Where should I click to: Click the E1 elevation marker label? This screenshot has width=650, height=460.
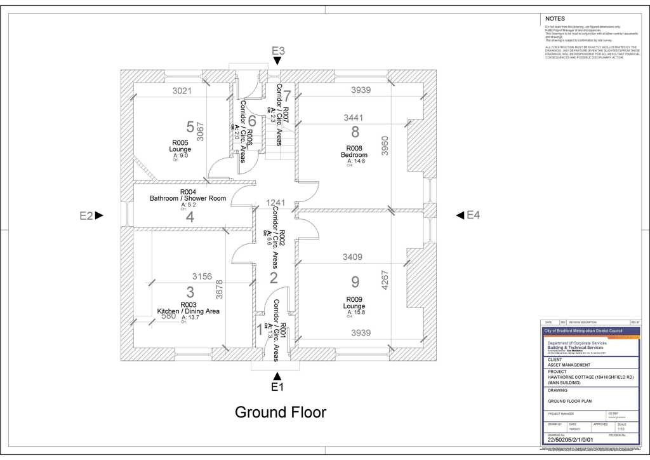(277, 387)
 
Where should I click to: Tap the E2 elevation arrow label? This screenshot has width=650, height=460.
(86, 216)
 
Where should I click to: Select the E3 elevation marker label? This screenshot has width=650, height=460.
(278, 51)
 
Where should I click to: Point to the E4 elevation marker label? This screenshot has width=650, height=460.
(474, 215)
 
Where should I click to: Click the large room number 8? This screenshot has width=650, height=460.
(355, 132)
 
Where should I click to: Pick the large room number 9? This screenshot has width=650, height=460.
(355, 281)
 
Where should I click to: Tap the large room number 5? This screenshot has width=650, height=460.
(190, 127)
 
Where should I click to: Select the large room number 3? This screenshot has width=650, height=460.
(190, 292)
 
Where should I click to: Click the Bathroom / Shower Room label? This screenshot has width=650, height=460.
(188, 198)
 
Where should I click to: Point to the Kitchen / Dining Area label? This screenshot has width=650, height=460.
(189, 311)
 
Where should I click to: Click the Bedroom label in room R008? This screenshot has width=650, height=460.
(354, 155)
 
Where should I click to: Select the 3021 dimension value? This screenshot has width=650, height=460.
(182, 91)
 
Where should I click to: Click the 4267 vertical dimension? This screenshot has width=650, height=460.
(385, 280)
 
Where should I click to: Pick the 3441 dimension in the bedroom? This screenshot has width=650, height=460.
(354, 118)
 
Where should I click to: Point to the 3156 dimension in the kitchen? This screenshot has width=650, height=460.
(202, 276)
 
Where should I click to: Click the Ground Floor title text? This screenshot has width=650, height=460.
(281, 412)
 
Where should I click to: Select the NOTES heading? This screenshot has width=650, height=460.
(555, 18)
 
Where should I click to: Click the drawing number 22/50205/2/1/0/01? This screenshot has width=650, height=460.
(570, 440)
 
